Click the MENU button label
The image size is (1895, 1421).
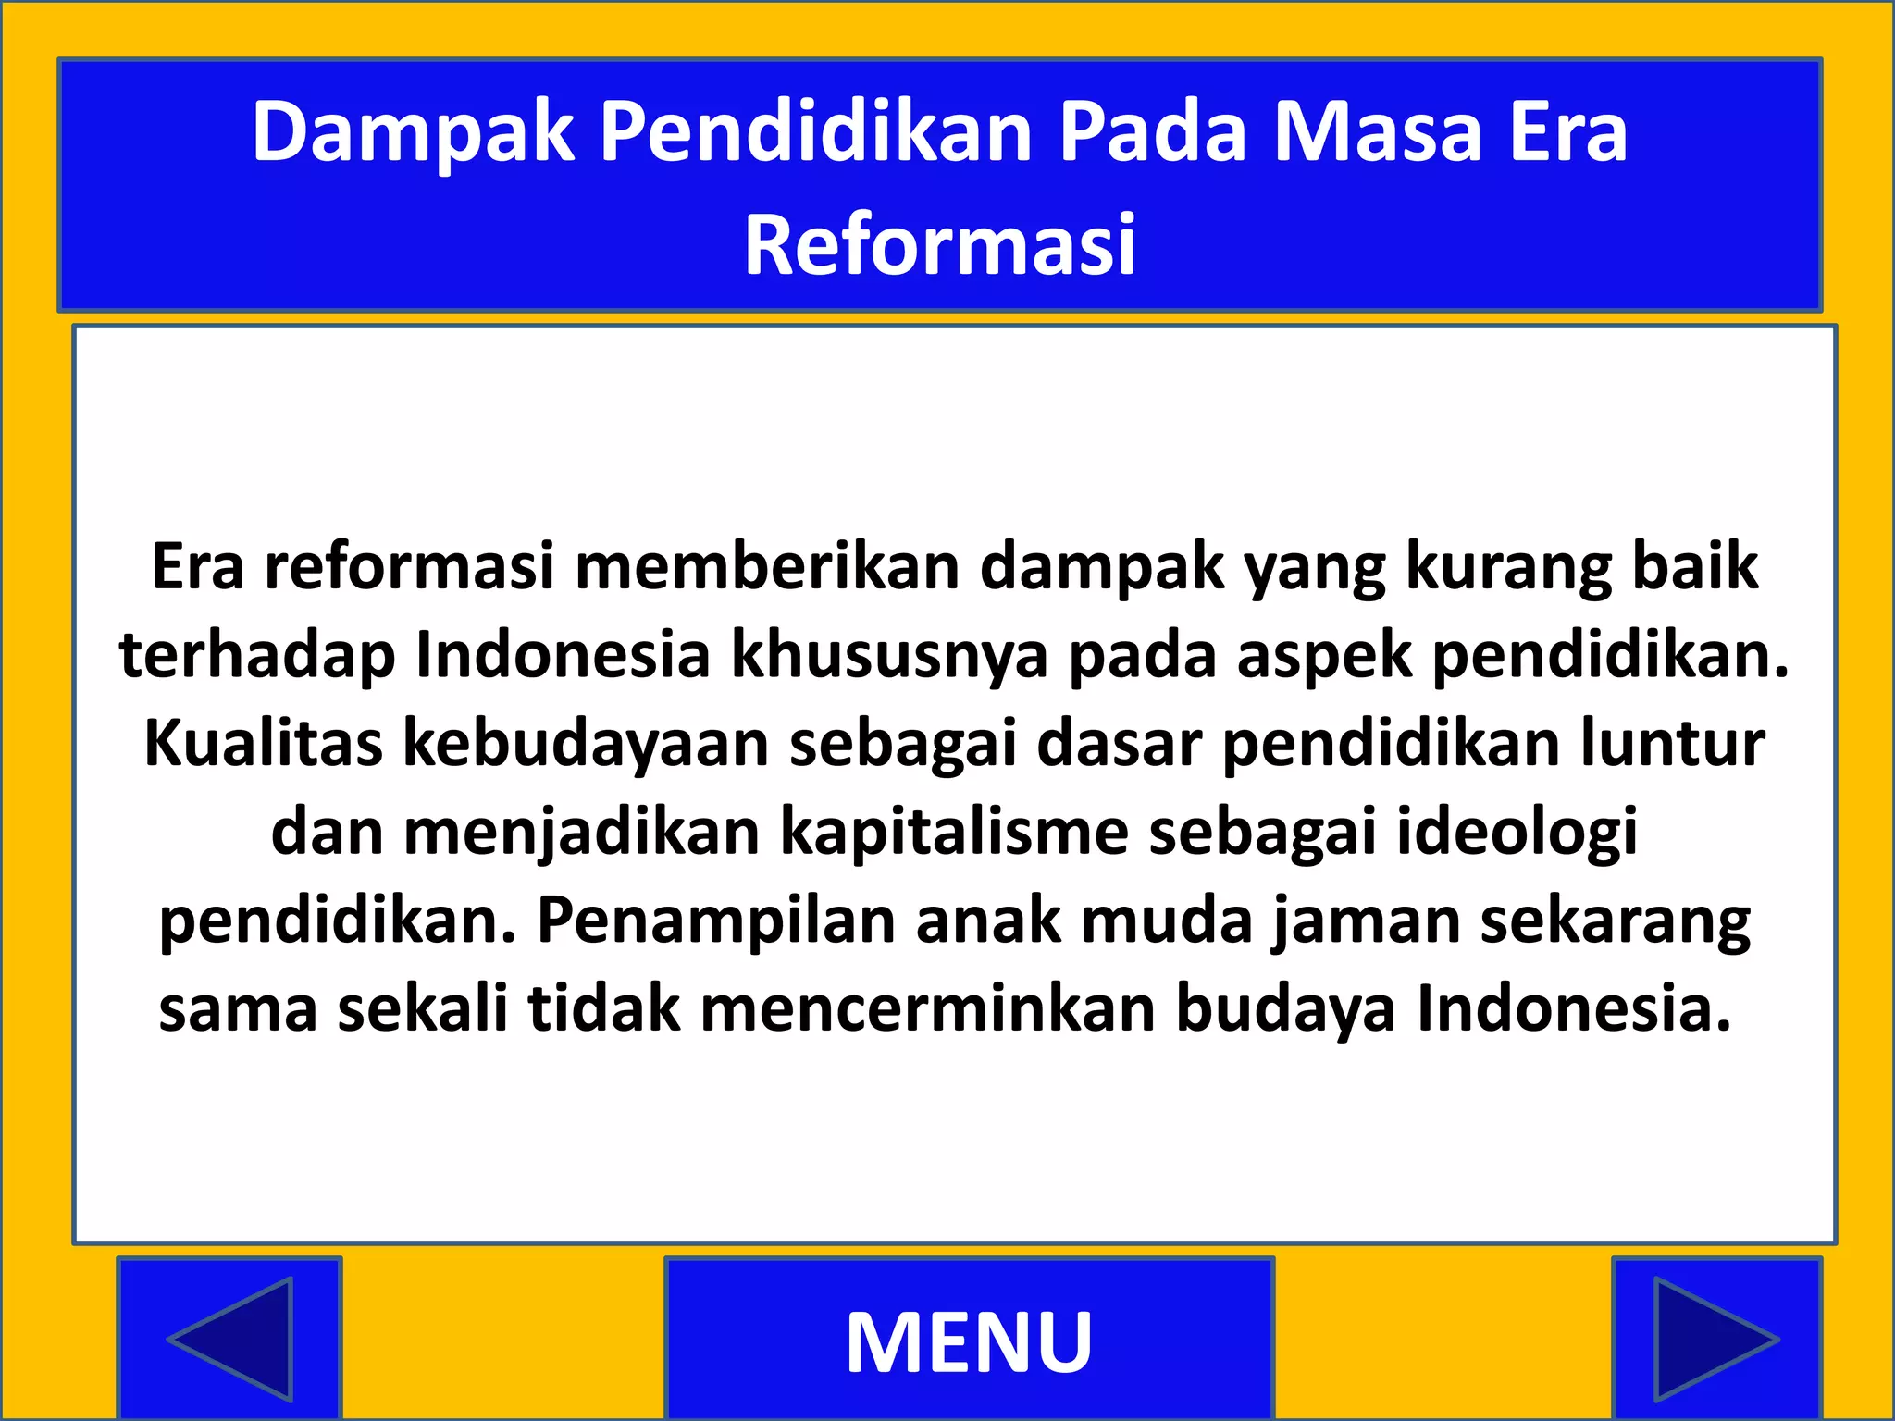point(969,1341)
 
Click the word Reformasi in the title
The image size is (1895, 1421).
point(940,245)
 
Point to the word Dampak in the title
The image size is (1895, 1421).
point(413,132)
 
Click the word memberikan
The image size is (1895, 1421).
point(767,566)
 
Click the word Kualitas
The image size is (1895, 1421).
point(264,743)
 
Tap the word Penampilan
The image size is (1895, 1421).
point(716,921)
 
